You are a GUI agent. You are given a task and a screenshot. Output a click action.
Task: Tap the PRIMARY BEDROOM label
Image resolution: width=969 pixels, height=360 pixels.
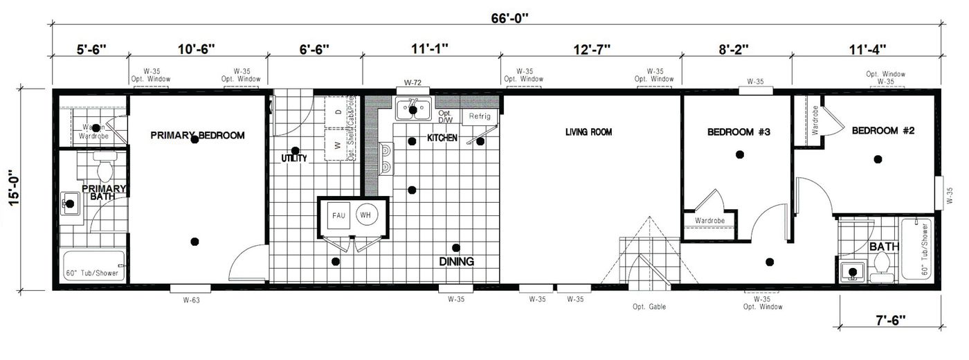pyautogui.click(x=197, y=136)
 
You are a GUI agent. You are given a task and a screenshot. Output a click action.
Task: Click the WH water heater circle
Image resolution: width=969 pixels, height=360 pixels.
pyautogui.click(x=366, y=215)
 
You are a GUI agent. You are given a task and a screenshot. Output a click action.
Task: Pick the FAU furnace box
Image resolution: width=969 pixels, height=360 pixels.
pyautogui.click(x=338, y=215)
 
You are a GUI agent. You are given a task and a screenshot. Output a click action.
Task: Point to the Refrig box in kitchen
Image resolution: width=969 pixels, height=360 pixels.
pyautogui.click(x=479, y=116)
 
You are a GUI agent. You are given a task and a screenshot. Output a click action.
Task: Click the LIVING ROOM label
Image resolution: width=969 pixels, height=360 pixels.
pyautogui.click(x=588, y=132)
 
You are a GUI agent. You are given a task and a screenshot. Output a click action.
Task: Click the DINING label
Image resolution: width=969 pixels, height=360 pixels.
pyautogui.click(x=456, y=262)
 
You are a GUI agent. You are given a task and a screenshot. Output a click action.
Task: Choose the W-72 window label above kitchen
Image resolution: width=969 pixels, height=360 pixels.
pyautogui.click(x=413, y=83)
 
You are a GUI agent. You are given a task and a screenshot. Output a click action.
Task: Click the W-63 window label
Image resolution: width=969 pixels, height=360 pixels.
pyautogui.click(x=192, y=300)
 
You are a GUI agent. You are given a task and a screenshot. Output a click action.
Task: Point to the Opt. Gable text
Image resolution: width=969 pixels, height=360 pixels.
pyautogui.click(x=649, y=307)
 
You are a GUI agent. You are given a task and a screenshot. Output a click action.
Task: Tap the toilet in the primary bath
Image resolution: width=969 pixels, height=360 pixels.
pyautogui.click(x=106, y=169)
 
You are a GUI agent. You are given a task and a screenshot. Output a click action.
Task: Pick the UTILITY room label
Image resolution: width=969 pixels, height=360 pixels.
pyautogui.click(x=293, y=159)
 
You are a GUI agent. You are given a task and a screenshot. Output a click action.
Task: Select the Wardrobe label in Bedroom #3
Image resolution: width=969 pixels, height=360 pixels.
pyautogui.click(x=709, y=222)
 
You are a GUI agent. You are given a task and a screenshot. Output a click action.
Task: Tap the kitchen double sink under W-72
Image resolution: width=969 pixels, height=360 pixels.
pyautogui.click(x=413, y=109)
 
